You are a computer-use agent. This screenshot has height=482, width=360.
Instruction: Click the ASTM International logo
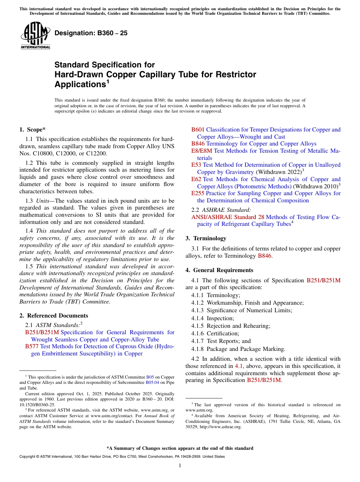(35, 36)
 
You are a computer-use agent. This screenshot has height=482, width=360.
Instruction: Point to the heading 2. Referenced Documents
(53, 316)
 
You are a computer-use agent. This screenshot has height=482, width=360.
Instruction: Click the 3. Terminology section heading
(206, 238)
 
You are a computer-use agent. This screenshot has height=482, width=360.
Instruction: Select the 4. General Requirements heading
(219, 270)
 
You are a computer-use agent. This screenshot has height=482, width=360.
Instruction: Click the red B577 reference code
(32, 346)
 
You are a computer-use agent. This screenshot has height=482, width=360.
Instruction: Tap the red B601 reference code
(198, 130)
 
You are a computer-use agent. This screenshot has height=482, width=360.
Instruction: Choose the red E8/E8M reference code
(202, 151)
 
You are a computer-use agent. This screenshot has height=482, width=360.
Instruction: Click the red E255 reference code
(198, 193)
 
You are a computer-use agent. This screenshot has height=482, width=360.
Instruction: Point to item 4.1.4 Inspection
(213, 318)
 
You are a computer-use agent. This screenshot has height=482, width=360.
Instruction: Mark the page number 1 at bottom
(180, 466)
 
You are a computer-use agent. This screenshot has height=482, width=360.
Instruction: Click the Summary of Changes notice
(180, 448)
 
